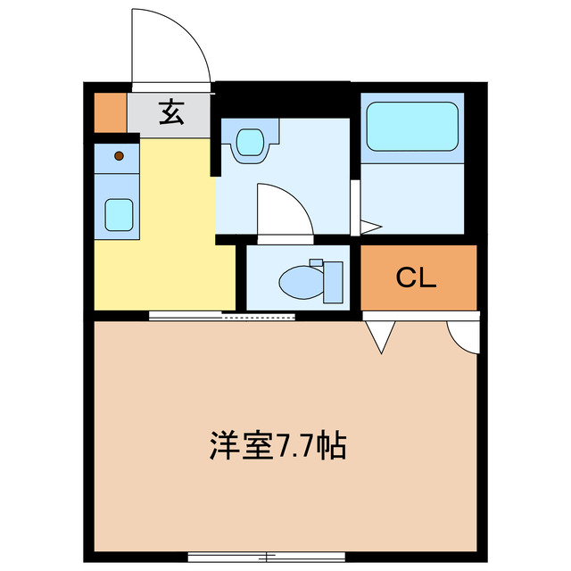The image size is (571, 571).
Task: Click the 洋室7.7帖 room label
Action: (278, 445)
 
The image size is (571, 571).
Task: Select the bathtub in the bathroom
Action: (412, 126)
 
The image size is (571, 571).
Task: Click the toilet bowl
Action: (300, 283)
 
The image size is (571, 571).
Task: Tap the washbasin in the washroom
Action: (251, 143)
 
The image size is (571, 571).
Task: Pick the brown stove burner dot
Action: (120, 157)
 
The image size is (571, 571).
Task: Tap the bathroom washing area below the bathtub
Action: (412, 199)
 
